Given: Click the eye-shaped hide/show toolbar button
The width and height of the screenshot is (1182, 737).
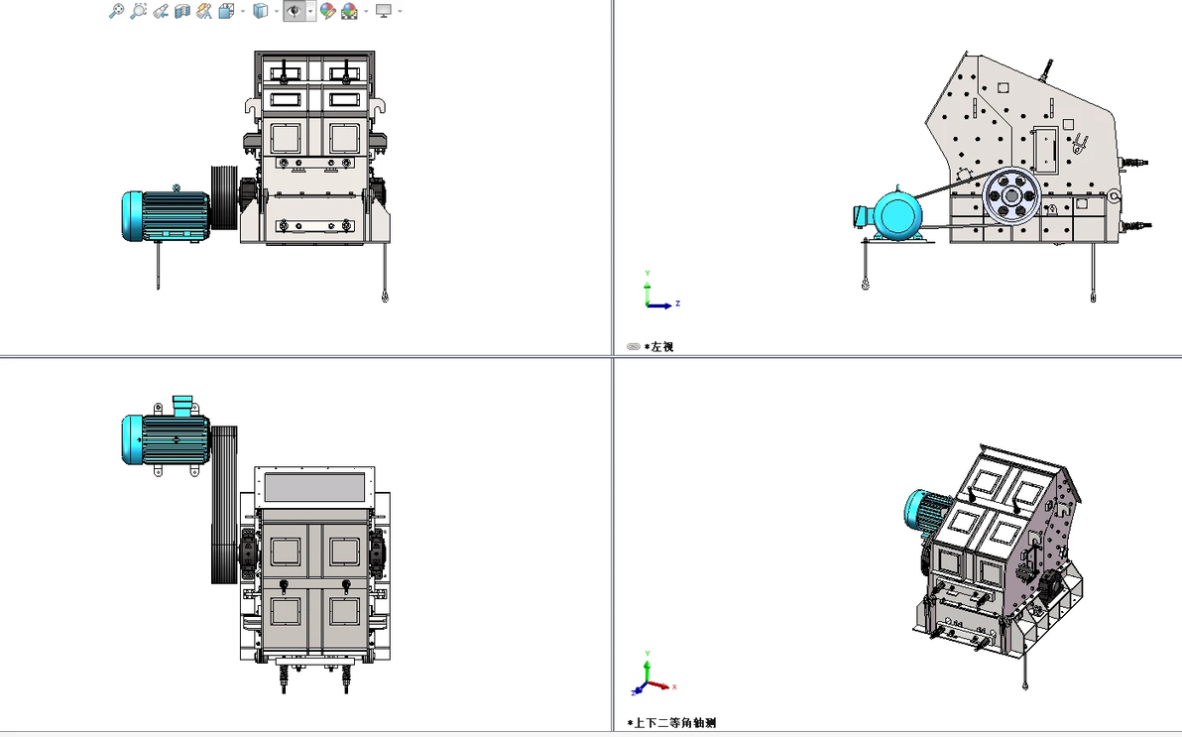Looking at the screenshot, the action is point(294,11).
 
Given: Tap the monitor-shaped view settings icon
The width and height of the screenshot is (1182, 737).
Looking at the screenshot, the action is point(384,11).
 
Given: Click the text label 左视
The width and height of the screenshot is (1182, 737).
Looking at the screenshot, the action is point(661,347).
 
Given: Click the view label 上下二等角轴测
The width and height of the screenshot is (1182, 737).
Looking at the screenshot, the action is point(674,723).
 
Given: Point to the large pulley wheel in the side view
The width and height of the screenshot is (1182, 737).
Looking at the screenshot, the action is point(1011,196).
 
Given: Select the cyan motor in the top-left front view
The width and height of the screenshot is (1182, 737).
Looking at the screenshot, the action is point(166,216).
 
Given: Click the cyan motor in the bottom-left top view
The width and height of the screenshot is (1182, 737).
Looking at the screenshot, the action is point(166,437).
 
